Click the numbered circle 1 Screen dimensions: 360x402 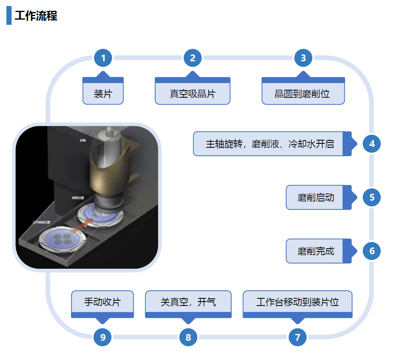(103, 58)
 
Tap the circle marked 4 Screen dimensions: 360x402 (372, 143)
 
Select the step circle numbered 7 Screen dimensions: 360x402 (298, 337)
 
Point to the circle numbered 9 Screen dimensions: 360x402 (103, 337)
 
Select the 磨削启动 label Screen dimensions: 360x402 (316, 197)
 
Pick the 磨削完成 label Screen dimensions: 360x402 (316, 251)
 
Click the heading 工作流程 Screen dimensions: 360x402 (36, 16)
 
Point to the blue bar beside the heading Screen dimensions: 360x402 (9, 16)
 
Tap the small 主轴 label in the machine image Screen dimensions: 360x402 (83, 140)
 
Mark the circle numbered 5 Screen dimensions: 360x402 (372, 197)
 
